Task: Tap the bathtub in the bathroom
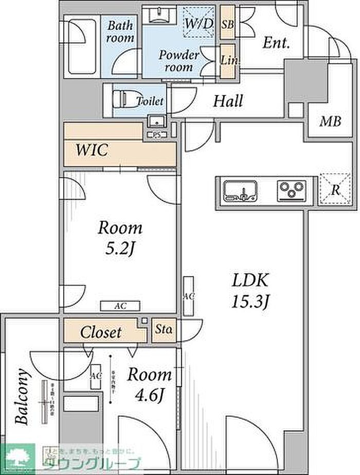pyautogui.click(x=82, y=46)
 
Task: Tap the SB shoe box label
pyautogui.click(x=227, y=23)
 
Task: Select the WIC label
pyautogui.click(x=92, y=151)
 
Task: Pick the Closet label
pyautogui.click(x=101, y=332)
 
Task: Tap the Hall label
pyautogui.click(x=228, y=101)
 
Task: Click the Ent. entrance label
pyautogui.click(x=277, y=43)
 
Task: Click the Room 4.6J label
pyautogui.click(x=149, y=384)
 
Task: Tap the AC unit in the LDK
pyautogui.click(x=189, y=296)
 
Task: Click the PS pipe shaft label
pyautogui.click(x=155, y=135)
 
